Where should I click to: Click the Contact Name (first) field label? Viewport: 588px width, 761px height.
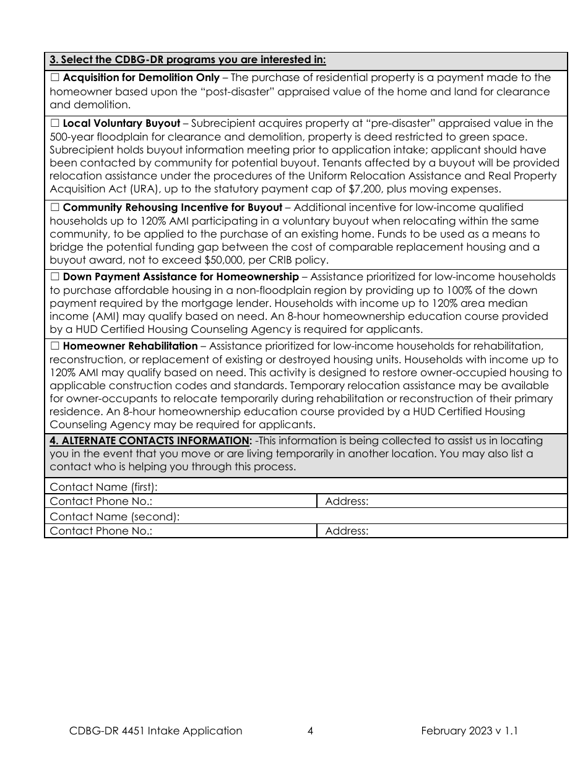[103, 486]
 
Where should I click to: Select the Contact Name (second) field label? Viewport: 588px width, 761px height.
[115, 516]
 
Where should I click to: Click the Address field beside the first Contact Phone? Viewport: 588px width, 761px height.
[443, 501]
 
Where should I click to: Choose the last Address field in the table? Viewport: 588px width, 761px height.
[443, 531]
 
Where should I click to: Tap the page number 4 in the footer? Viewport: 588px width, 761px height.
[310, 731]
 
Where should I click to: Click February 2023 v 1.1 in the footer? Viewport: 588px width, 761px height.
[469, 731]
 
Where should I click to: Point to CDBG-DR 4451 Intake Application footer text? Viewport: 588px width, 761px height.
[155, 731]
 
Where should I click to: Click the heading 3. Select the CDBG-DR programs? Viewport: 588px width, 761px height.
[188, 60]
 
